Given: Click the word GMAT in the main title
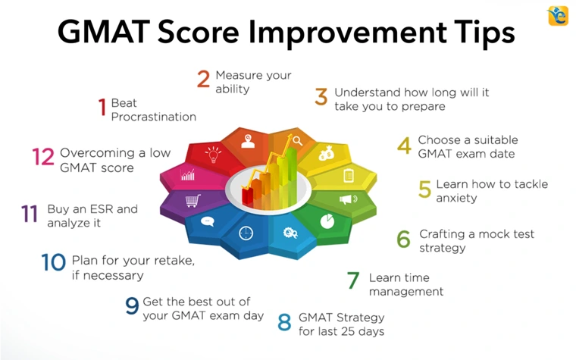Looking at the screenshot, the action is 104,32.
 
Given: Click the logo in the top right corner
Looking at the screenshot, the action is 558,16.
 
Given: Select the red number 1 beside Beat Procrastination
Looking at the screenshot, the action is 102,107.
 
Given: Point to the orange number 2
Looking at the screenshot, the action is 204,79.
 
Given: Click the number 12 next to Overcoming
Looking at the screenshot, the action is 43,156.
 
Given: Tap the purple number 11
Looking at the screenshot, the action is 30,214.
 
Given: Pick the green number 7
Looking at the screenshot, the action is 353,280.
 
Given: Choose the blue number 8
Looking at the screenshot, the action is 285,322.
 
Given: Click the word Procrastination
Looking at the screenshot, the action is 154,117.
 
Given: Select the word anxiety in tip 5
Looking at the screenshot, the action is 456,199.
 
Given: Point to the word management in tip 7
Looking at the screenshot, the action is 406,292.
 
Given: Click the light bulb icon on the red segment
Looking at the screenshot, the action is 213,155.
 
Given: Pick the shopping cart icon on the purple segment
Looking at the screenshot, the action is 193,201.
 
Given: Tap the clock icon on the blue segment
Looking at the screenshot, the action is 246,233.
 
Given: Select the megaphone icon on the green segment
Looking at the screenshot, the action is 348,199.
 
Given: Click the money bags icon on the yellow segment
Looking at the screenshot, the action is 326,153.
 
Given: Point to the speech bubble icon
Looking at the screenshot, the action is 208,221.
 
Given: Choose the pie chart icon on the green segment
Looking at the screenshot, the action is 327,221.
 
